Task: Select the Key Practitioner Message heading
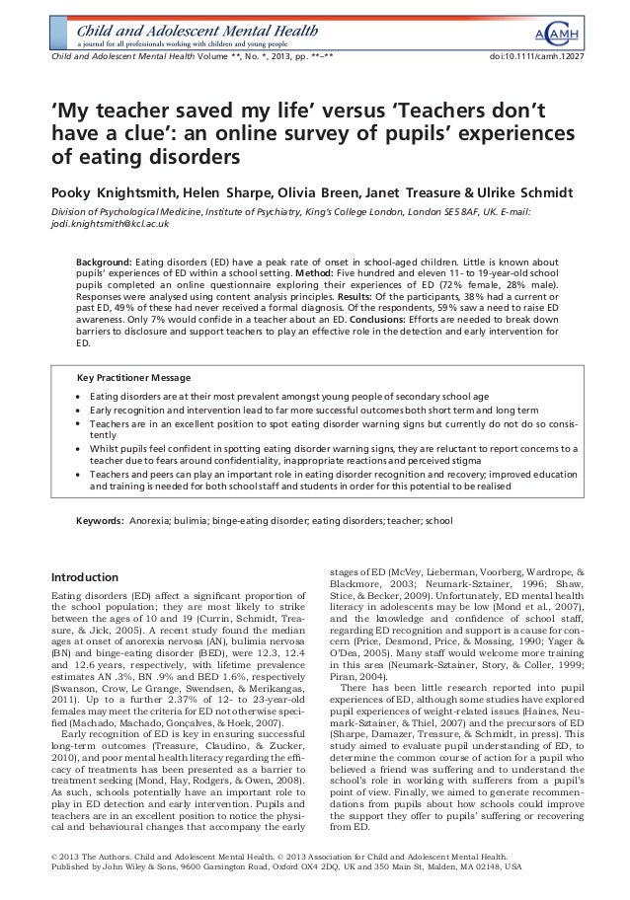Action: [134, 378]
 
